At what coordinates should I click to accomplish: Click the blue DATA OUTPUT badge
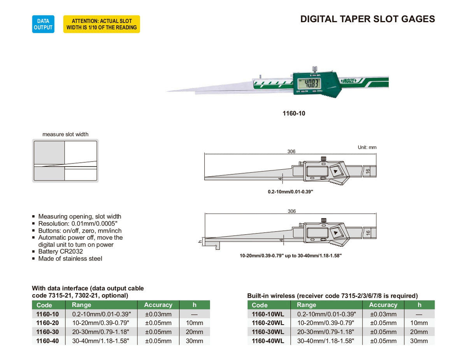coord(43,24)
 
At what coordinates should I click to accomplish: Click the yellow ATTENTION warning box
coord(102,24)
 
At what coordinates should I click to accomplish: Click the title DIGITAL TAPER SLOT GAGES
coord(367,19)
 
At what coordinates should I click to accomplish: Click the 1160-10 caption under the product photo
coord(294,114)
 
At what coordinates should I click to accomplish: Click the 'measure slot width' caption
coord(65,134)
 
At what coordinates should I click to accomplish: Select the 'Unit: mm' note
coord(367,148)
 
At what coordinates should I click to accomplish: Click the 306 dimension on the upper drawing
coord(291,151)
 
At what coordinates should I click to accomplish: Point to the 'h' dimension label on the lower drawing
coord(200,241)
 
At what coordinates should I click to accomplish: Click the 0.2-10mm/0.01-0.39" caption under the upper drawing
coord(290,192)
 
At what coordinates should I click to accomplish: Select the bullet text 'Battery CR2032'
coord(60,251)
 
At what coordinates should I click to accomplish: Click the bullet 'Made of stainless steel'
coord(70,258)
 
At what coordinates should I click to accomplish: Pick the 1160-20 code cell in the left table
coord(47,323)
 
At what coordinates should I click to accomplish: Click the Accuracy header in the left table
coord(158,305)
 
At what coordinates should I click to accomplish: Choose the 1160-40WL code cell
coord(268,341)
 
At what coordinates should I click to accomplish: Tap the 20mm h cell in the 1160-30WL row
coord(419,332)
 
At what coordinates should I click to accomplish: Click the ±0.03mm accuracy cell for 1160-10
coord(158,314)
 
